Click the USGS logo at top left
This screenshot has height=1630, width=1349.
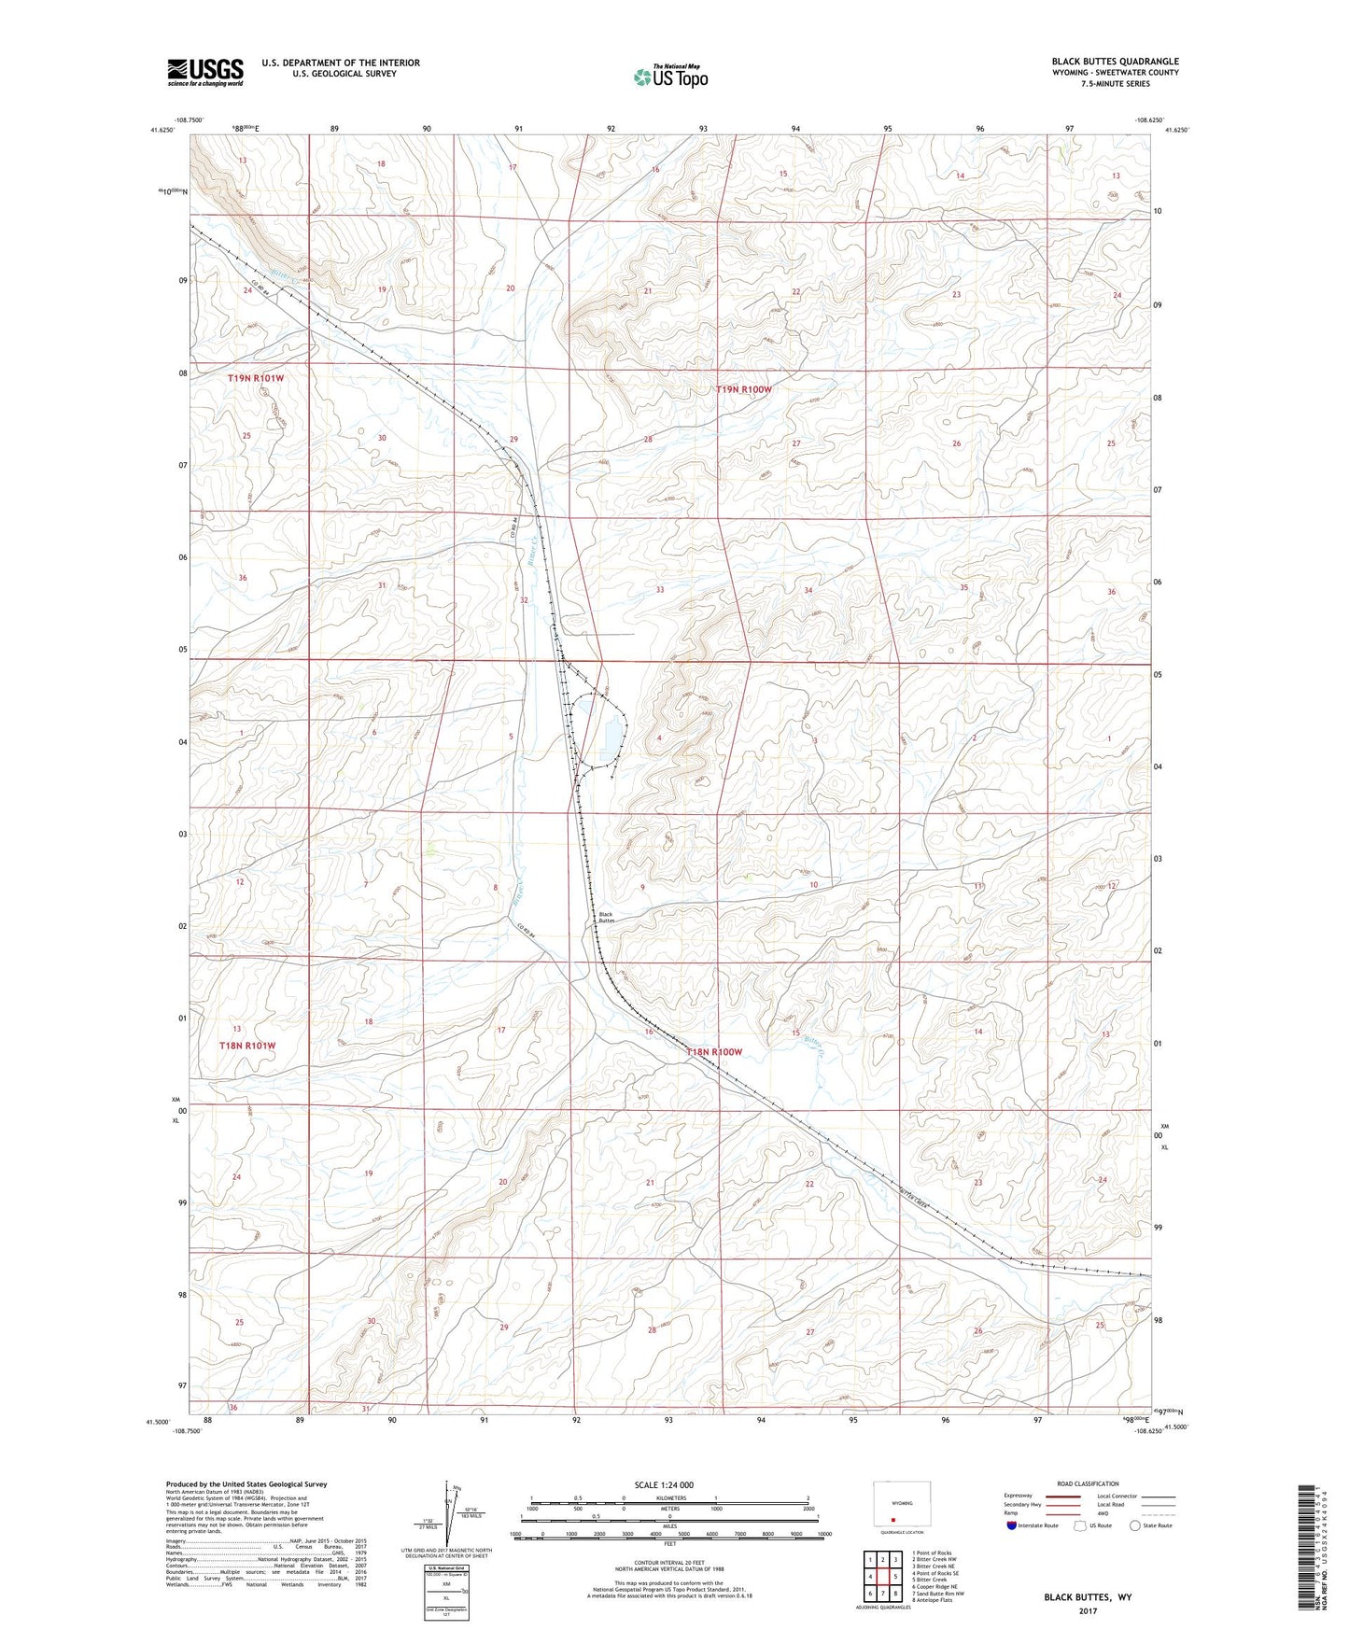205,71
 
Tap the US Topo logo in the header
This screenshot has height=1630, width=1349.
670,77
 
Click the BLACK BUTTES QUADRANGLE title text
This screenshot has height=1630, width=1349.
1115,62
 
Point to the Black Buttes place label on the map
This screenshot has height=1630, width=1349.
607,918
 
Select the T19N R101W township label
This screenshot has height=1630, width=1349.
255,379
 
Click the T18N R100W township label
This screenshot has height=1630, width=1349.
714,1052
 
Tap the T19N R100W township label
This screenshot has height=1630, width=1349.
744,389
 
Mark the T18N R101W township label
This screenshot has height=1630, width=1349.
247,1046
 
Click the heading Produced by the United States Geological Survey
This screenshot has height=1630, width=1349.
246,1483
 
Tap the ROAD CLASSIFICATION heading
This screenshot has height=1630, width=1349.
1088,1483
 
